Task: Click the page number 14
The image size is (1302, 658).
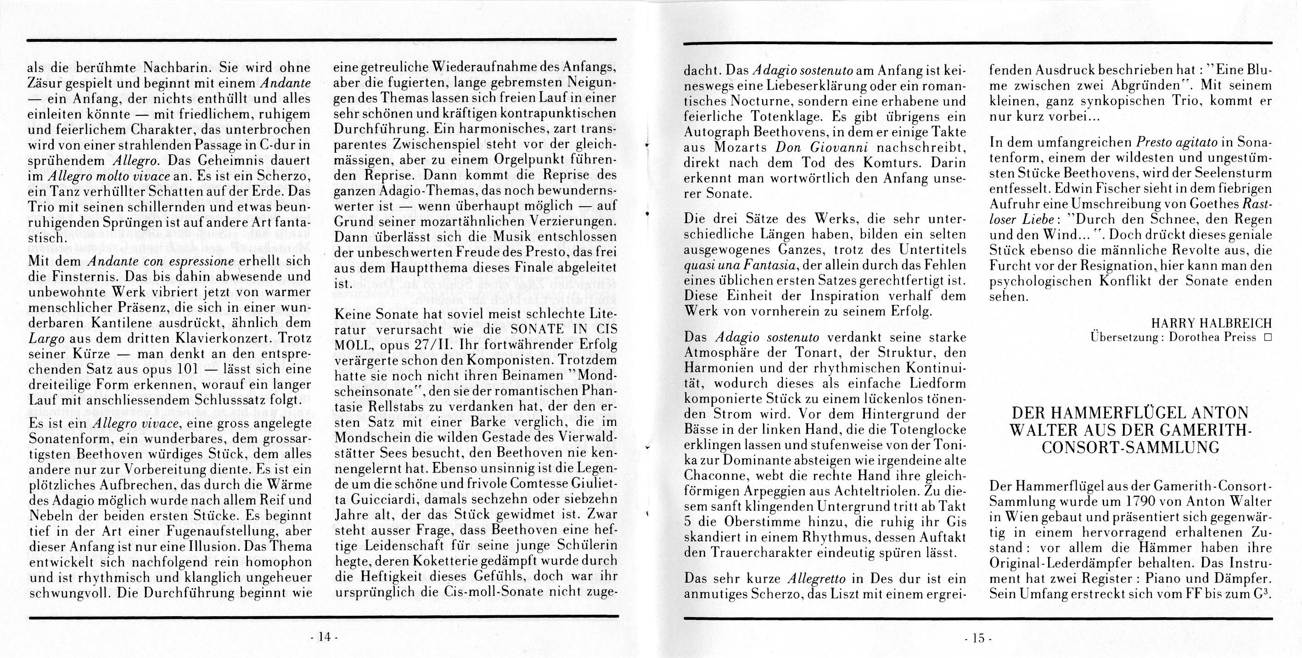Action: [324, 637]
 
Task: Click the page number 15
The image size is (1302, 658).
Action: [978, 638]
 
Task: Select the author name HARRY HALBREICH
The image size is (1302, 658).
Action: [1211, 323]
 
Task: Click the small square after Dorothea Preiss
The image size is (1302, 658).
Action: [1267, 337]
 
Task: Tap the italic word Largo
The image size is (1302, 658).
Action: [46, 338]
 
